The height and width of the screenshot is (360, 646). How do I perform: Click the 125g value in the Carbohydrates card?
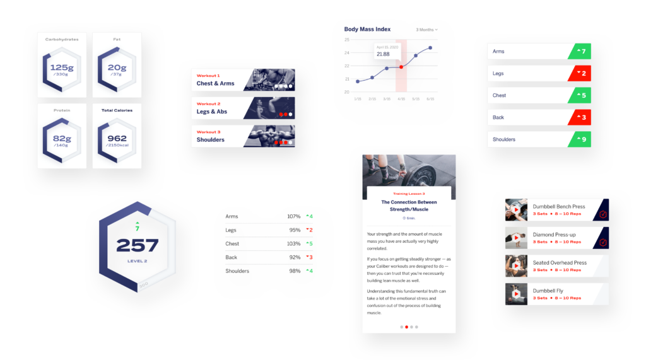[x=62, y=68]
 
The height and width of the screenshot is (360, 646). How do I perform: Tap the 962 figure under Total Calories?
[x=117, y=138]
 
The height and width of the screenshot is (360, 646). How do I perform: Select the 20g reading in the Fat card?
[x=117, y=68]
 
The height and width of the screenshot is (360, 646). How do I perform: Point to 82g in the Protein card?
[x=62, y=138]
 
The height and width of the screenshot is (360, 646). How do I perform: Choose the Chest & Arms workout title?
[x=215, y=83]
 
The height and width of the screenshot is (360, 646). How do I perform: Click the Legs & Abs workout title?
[x=212, y=112]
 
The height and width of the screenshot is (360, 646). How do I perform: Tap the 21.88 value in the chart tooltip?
[x=383, y=54]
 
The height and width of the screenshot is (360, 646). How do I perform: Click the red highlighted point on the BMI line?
[x=401, y=66]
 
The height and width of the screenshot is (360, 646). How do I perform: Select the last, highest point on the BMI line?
[x=430, y=47]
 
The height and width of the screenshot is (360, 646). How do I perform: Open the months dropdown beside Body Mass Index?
[x=426, y=30]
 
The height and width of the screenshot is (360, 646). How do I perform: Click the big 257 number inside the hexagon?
[x=138, y=245]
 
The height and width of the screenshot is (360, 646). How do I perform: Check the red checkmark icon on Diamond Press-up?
[x=602, y=242]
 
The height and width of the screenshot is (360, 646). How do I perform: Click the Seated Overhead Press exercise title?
[x=560, y=263]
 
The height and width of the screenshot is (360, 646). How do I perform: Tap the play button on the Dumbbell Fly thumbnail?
[x=516, y=294]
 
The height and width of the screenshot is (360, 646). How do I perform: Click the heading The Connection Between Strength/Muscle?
[x=409, y=206]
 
